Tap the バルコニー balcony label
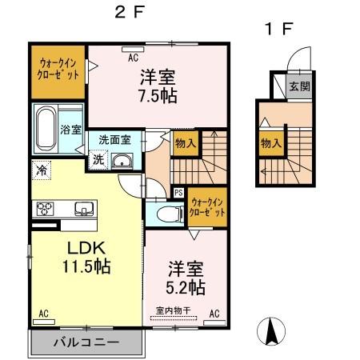pos(86,342)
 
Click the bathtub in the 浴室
pos(45,127)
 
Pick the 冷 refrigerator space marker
pos(41,170)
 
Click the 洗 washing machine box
pos(98,158)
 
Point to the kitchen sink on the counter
pos(82,209)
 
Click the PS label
pos(178,193)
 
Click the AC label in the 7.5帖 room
pos(134,57)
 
